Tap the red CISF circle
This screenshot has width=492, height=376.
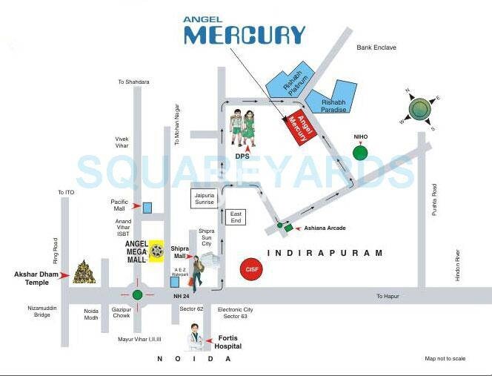(252, 268)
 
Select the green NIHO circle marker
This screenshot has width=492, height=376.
(360, 153)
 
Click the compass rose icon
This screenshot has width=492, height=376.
(419, 109)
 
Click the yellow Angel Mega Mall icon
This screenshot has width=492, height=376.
(157, 251)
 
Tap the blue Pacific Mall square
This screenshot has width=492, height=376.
(147, 206)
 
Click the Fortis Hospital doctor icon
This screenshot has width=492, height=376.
(194, 336)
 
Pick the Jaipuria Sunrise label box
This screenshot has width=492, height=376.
(205, 198)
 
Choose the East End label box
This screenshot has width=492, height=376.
(235, 217)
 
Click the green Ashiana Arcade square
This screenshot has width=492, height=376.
(288, 228)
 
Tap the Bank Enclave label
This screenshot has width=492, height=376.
(376, 47)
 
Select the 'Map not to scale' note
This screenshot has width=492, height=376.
(445, 359)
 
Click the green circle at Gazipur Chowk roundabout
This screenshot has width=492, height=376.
(137, 294)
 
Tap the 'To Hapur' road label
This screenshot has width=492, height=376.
(388, 296)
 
